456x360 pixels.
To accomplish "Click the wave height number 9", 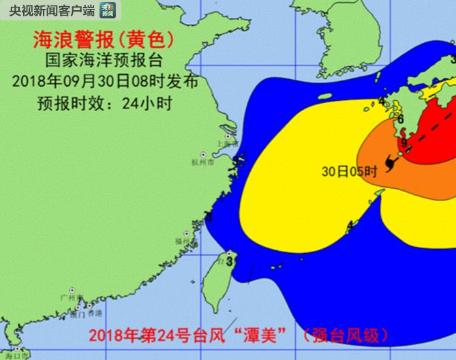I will coord(404,142).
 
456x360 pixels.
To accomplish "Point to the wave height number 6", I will coord(401,119).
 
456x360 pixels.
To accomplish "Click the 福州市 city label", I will coord(183,241).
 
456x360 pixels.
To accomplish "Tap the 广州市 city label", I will coord(69,297).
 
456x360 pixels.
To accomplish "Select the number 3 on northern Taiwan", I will coord(230,260).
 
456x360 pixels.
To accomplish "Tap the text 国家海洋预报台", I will coord(102,61).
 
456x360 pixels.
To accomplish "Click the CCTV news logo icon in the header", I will coord(108,9).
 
